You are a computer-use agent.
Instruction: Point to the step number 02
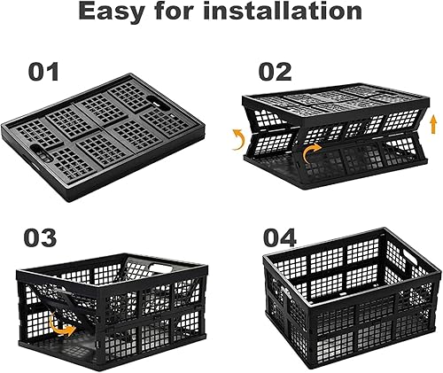[x=276, y=71]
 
